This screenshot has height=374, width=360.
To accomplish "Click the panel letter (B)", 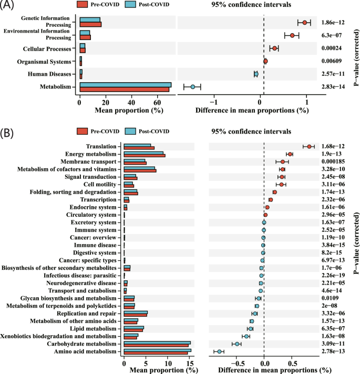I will point(9,131).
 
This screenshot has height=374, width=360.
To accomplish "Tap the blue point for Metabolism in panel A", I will point(193,87).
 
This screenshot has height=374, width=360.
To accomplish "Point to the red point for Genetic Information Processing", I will point(304,23).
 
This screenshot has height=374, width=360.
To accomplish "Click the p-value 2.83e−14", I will point(333,87).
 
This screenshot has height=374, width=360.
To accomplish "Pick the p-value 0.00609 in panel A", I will point(334,61).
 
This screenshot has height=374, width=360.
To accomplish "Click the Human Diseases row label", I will point(52,74).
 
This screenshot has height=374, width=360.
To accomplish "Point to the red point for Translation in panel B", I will point(310,147).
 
